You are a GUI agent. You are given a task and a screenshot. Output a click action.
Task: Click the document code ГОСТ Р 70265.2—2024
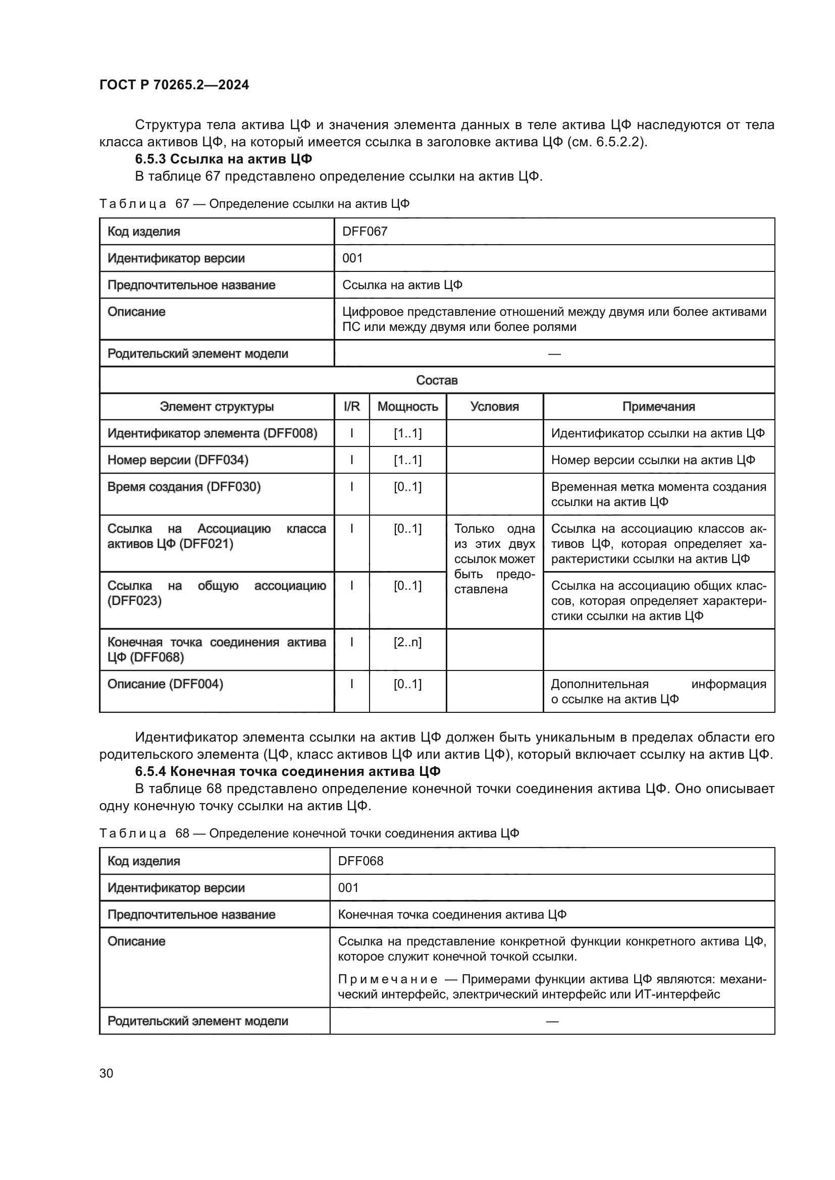click(x=174, y=85)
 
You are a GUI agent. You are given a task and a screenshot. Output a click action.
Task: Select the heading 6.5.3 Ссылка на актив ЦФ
click(x=223, y=159)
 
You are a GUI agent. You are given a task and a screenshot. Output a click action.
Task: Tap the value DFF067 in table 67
click(x=364, y=231)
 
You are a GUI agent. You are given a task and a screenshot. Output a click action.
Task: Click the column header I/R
click(x=352, y=407)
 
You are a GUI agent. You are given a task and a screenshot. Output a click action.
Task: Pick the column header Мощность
click(x=408, y=407)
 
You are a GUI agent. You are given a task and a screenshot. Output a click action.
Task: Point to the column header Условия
click(x=494, y=407)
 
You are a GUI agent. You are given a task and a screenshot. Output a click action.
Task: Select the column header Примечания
click(x=658, y=407)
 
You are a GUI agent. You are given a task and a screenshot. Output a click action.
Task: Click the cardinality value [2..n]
click(x=408, y=642)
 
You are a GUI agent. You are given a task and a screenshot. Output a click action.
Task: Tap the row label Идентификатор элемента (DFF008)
click(x=213, y=433)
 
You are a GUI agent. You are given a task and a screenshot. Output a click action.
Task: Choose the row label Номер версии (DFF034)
click(x=178, y=460)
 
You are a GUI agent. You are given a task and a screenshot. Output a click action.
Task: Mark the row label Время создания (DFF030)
click(x=184, y=487)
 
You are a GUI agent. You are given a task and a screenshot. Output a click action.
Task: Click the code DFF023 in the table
click(x=135, y=601)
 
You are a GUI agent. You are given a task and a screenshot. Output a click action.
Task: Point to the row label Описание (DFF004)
click(x=165, y=684)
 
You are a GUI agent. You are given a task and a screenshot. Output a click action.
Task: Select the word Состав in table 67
click(x=437, y=380)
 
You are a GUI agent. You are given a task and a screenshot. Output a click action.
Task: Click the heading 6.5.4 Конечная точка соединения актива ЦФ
click(x=287, y=771)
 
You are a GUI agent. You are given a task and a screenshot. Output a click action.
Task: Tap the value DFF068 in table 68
click(x=360, y=861)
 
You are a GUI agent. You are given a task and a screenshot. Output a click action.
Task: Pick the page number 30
click(x=106, y=1073)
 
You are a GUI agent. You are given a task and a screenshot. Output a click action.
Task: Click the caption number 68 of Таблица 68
click(x=183, y=833)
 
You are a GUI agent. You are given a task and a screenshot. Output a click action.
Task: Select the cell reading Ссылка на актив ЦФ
click(x=402, y=285)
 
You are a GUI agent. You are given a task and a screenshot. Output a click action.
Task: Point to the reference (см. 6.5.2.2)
click(x=607, y=142)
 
